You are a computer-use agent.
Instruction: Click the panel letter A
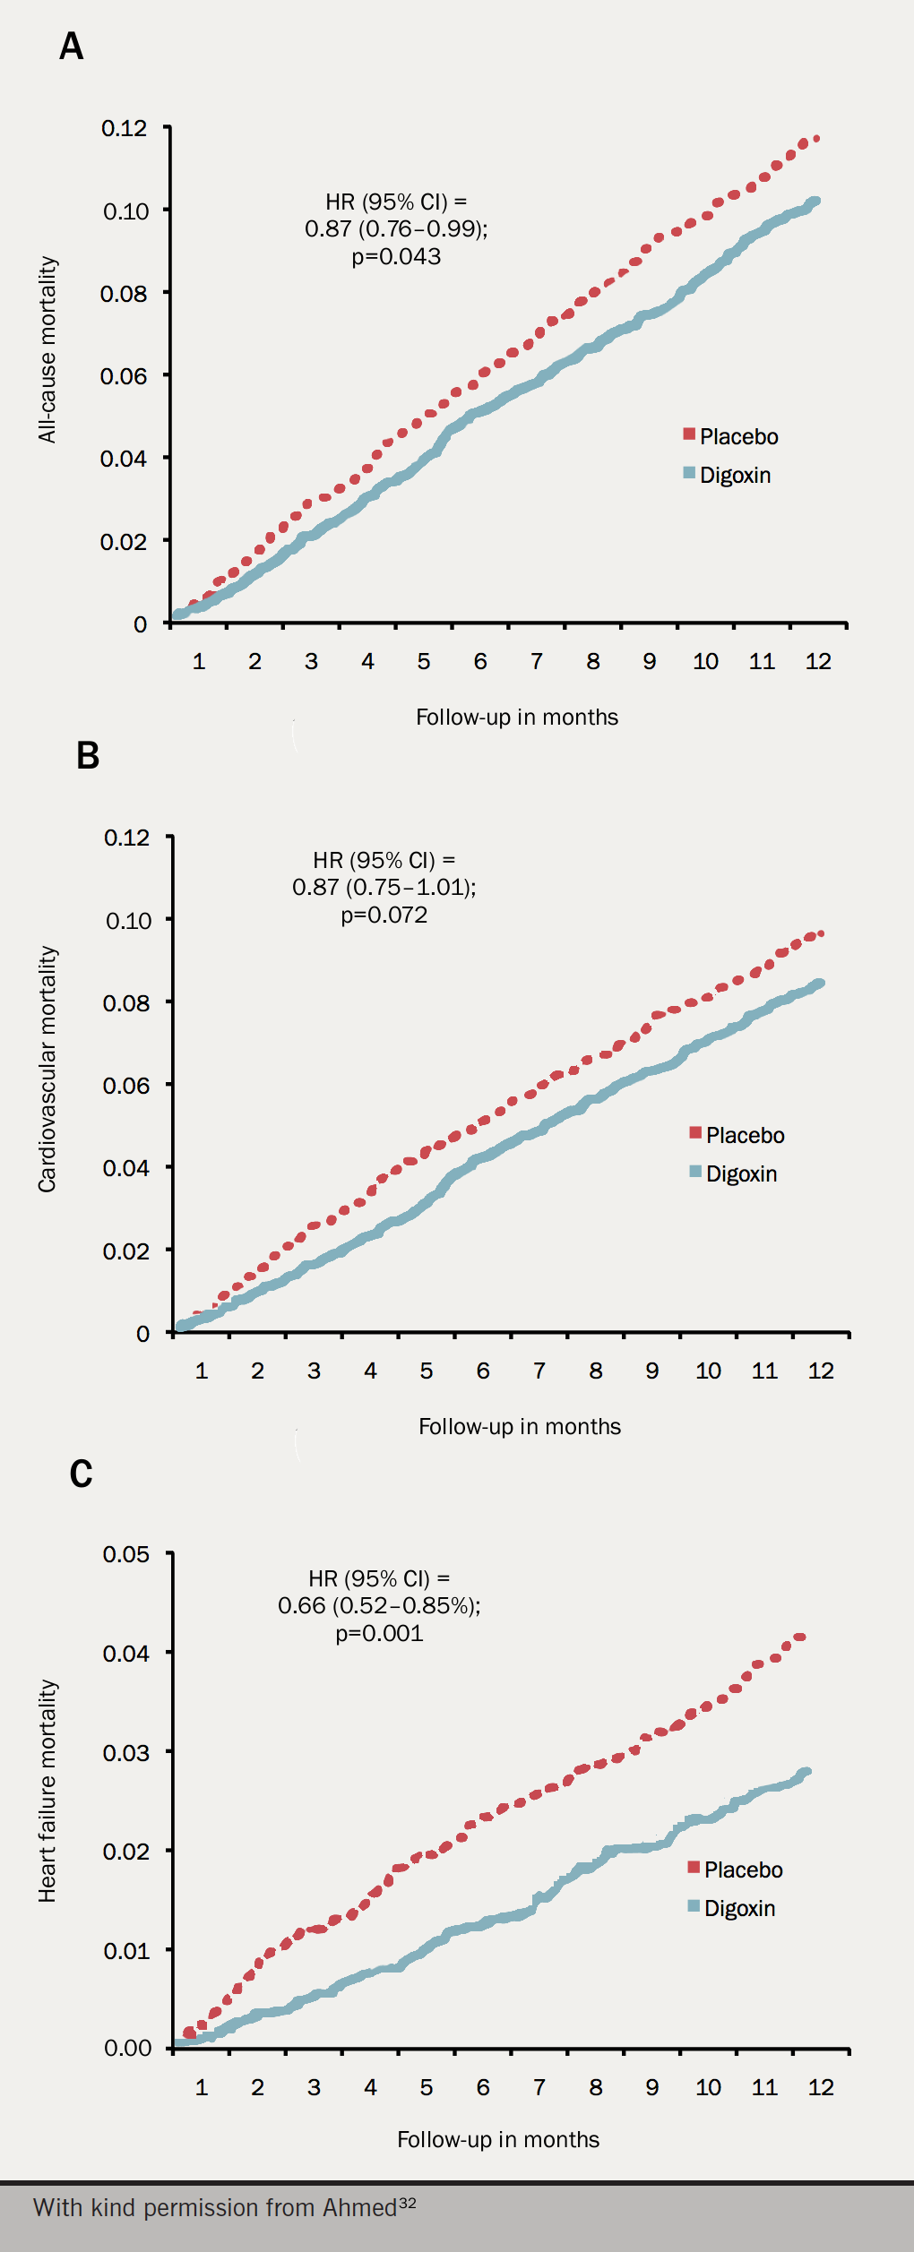point(72,46)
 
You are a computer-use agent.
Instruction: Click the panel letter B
point(88,755)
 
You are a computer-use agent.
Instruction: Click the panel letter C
point(81,1474)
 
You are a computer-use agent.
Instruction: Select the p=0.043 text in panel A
point(396,257)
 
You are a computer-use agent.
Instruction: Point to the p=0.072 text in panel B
point(384,915)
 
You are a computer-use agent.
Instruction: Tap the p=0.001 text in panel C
point(379,1633)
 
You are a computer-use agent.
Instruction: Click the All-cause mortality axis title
point(47,350)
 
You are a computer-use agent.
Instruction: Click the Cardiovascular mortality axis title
point(47,1069)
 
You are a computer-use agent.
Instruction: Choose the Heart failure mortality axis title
point(47,1791)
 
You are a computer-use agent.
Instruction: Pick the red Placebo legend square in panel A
point(689,434)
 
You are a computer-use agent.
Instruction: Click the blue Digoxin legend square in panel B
point(695,1172)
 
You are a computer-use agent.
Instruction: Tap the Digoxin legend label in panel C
point(739,1908)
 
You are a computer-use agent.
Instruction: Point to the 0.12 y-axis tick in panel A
point(125,128)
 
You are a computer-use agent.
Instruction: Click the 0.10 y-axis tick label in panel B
point(127,921)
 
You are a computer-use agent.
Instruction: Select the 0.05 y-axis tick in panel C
point(126,1554)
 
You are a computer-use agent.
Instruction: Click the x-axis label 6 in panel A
point(480,662)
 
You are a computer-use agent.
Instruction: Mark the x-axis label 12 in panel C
point(820,2088)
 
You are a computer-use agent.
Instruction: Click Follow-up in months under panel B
point(520,1427)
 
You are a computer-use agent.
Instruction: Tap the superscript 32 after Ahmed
point(408,2203)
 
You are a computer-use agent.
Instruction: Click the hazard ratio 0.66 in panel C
point(301,1605)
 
